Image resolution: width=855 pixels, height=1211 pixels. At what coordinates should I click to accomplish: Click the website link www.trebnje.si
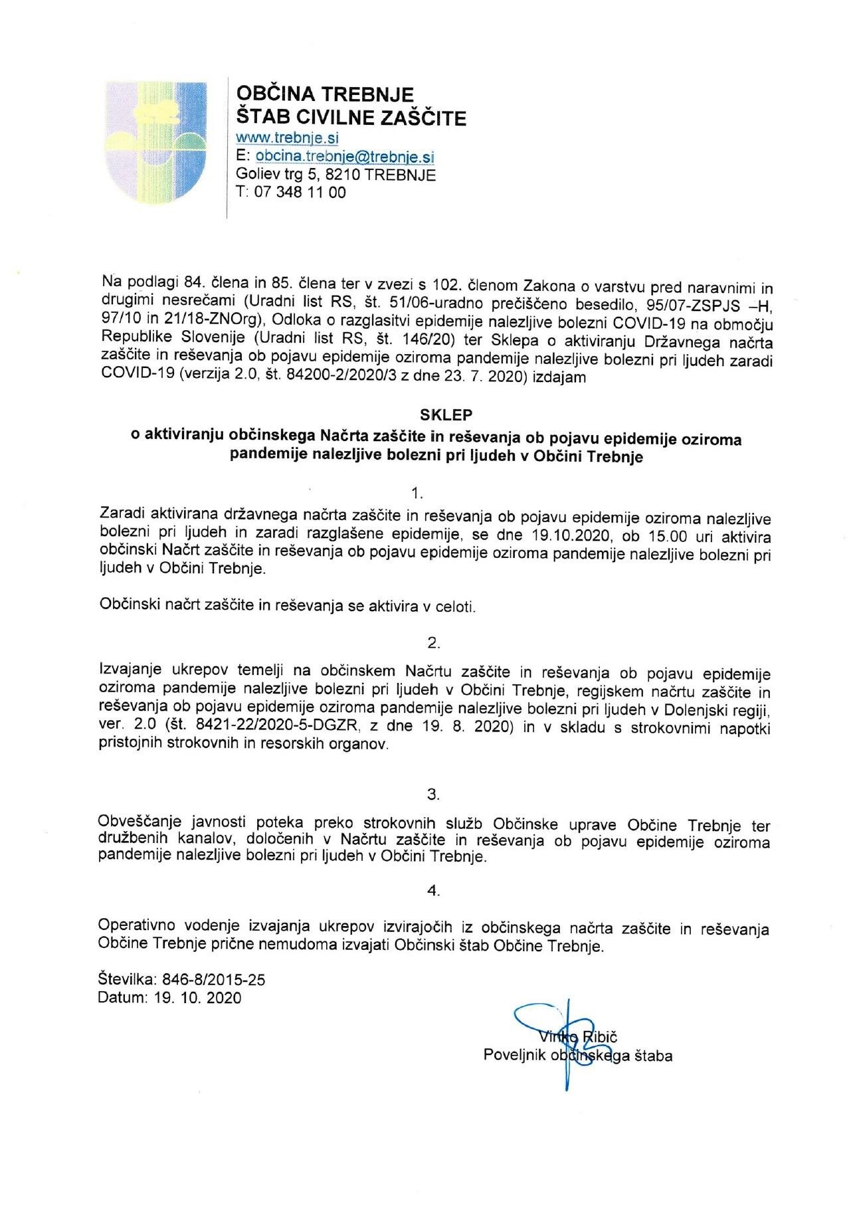(x=288, y=138)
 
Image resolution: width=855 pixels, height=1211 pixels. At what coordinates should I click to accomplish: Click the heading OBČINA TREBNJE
(x=326, y=94)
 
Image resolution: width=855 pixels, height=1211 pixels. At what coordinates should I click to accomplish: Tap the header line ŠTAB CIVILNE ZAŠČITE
(x=351, y=118)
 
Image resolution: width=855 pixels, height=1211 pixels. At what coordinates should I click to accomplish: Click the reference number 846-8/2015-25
(x=213, y=980)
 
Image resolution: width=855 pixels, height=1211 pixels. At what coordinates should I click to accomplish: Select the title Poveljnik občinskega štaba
(x=577, y=1055)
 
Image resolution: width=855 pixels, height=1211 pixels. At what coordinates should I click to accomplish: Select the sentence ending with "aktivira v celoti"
(x=287, y=606)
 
